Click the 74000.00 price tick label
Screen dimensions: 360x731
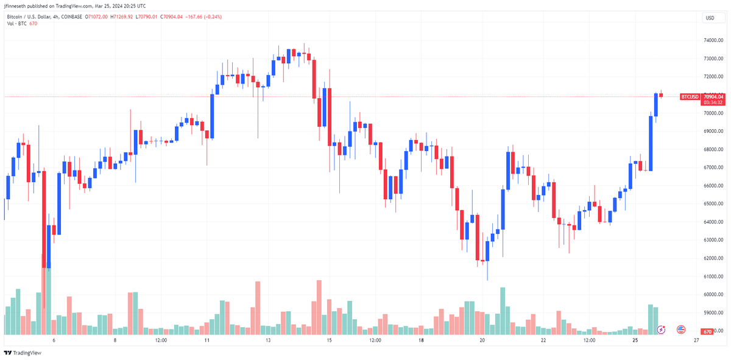(x=712, y=40)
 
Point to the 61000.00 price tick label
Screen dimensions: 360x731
(x=712, y=277)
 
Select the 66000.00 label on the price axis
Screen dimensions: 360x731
(x=712, y=186)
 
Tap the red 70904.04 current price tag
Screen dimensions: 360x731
(x=712, y=96)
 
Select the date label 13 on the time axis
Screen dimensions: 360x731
(x=269, y=341)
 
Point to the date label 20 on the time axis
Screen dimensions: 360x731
(x=482, y=341)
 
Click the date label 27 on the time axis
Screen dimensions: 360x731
(x=696, y=341)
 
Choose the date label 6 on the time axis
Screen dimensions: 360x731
(x=54, y=341)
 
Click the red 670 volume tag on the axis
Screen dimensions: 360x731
(x=707, y=331)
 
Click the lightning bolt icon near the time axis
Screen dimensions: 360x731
(x=662, y=330)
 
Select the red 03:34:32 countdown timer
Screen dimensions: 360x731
(x=712, y=102)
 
